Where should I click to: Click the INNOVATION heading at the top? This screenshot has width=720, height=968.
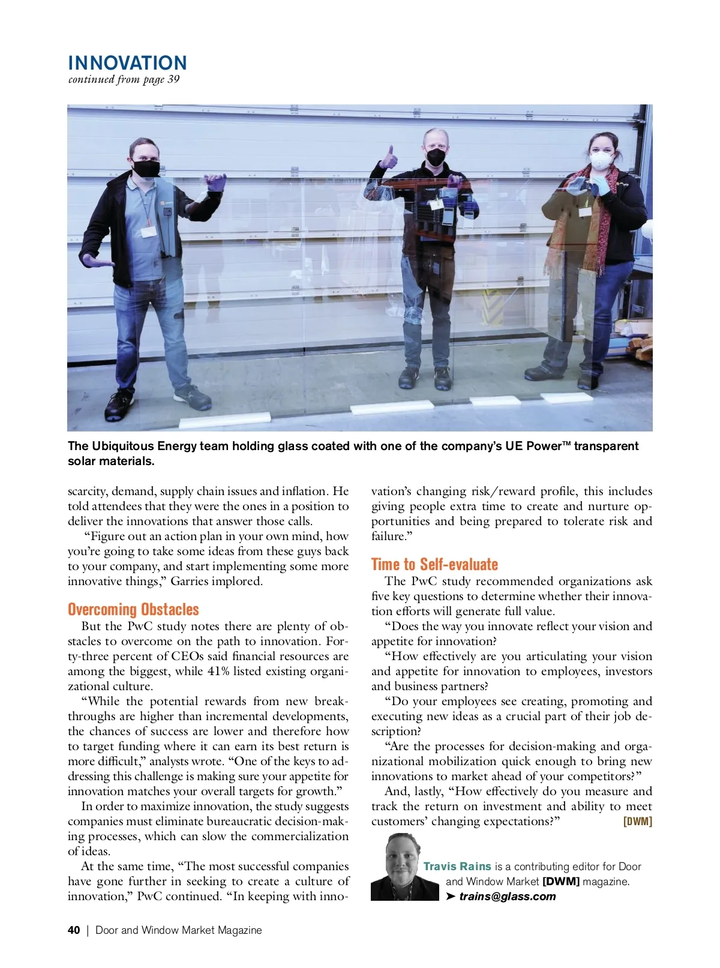127,63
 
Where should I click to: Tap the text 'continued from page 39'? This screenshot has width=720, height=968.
124,79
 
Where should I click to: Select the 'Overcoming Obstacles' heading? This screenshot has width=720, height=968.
133,610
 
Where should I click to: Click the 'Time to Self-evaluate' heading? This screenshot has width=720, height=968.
434,565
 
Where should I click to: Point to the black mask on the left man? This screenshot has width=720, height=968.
146,167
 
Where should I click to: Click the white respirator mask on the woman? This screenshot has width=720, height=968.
602,160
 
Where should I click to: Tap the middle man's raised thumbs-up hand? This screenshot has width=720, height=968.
389,158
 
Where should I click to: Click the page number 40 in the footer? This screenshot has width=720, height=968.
74,930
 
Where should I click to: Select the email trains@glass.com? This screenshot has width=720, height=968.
508,897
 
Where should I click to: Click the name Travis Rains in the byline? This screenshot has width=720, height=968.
457,867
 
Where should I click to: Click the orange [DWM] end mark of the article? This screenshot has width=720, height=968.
638,822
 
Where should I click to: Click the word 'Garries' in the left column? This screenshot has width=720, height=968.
190,582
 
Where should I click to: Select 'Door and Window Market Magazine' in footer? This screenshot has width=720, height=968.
179,930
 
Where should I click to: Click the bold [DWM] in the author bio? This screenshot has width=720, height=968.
561,882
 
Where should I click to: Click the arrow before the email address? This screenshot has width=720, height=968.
451,897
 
